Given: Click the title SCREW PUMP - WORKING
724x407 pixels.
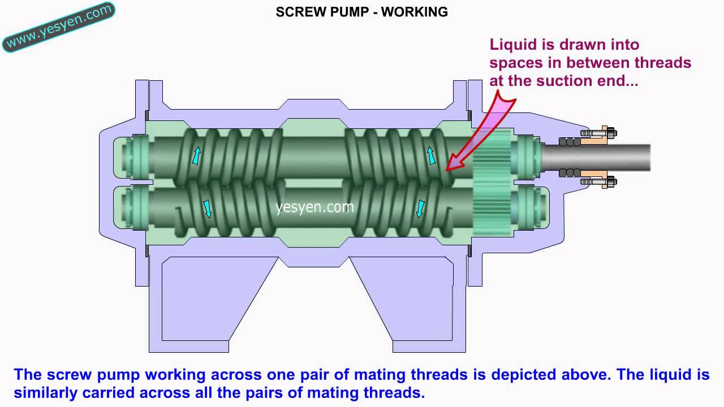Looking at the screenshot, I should pos(361,12).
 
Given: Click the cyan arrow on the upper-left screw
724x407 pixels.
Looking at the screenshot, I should pos(196,155).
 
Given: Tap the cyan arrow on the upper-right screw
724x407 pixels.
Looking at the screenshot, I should pos(431,155).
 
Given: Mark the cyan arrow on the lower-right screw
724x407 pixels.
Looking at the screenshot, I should pos(421,207).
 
